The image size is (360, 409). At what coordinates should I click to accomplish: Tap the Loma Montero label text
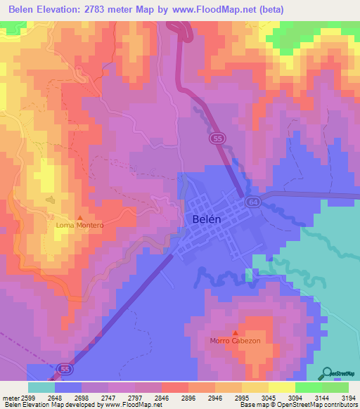80,226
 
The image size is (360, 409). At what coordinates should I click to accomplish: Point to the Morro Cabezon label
235,341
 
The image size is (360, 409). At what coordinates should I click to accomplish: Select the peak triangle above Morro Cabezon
235,332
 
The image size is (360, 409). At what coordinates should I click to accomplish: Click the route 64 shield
252,202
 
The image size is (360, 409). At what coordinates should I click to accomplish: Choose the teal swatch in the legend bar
41,387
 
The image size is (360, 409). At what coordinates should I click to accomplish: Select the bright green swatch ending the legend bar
335,387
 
